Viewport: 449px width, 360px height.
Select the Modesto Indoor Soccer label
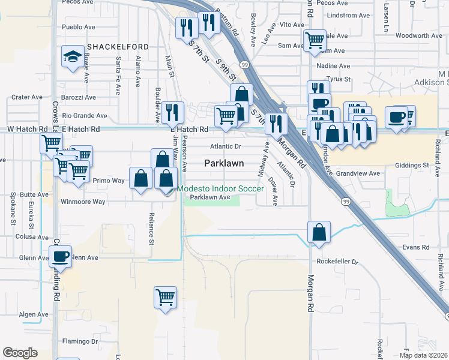(x=220, y=189)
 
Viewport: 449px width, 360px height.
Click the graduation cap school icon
(x=73, y=58)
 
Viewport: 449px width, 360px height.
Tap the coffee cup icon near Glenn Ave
(x=60, y=257)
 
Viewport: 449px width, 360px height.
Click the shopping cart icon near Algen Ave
(x=165, y=297)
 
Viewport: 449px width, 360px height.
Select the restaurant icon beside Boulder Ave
(x=172, y=112)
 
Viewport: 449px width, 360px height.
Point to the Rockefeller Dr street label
(x=338, y=262)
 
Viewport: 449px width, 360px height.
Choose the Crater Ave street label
(x=27, y=97)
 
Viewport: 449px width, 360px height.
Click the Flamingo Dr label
(x=80, y=341)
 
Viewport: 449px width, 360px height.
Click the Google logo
(x=20, y=353)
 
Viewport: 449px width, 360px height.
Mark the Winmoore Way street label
(x=83, y=202)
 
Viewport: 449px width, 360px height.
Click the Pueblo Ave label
(x=79, y=28)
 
